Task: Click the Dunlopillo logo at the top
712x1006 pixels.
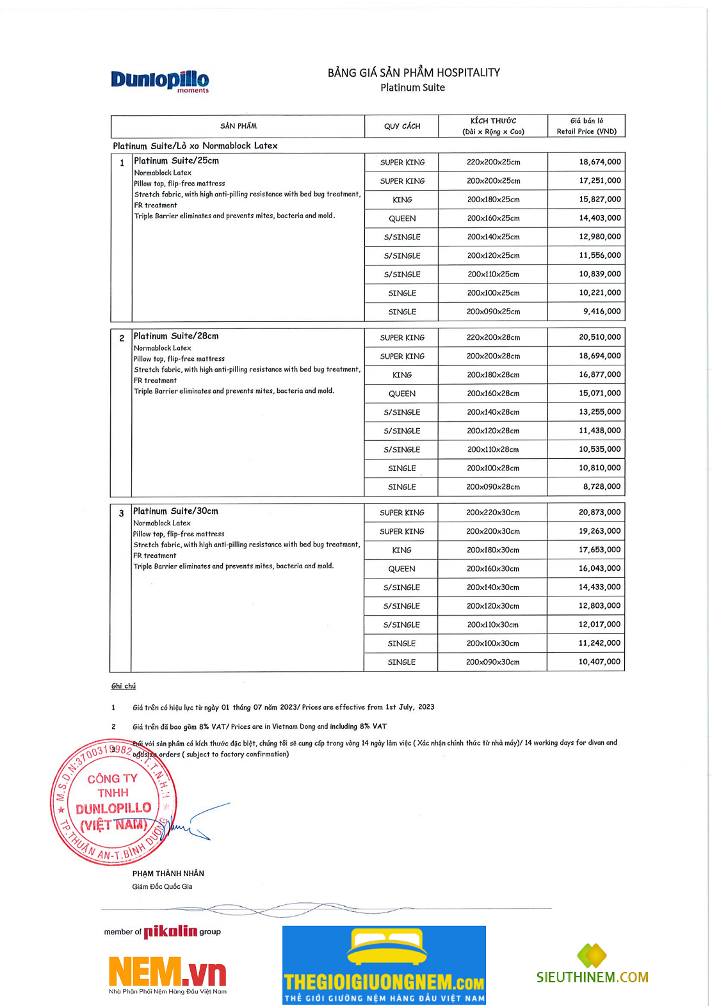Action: [159, 81]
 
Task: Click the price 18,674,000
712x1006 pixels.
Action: [599, 162]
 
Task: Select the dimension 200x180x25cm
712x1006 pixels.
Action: [493, 200]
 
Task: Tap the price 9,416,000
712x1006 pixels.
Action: [601, 312]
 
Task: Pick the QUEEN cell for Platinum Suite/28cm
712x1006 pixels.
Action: [401, 394]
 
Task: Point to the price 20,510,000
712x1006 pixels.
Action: [599, 337]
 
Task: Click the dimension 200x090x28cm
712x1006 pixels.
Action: [492, 487]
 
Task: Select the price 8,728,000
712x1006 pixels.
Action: [601, 487]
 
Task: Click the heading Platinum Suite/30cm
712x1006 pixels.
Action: [175, 511]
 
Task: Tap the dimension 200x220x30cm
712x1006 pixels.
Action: [492, 513]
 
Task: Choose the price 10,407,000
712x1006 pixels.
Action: [599, 662]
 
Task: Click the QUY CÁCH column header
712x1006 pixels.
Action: [402, 126]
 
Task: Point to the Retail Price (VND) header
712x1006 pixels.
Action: [586, 131]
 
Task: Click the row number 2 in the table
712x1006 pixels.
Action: [122, 339]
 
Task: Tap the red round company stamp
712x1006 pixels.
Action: [113, 802]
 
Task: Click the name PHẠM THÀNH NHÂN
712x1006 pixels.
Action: [168, 874]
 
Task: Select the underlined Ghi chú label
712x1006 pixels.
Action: [124, 686]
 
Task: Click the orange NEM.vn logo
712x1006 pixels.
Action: [167, 973]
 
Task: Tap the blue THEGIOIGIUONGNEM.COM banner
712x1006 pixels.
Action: [384, 965]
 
